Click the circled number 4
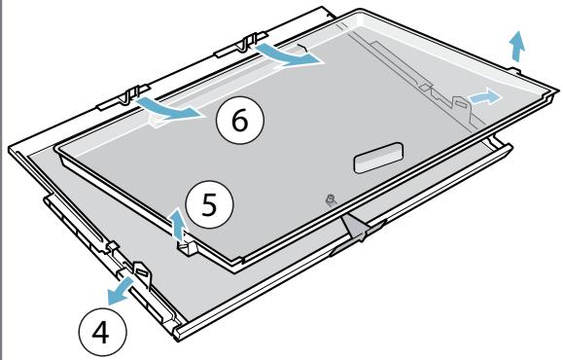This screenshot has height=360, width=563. coord(102,332)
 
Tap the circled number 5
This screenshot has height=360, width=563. coord(209,204)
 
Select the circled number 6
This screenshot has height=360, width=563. coord(240,120)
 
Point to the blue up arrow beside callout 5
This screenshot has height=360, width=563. coord(178,225)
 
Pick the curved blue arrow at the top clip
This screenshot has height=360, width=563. coord(287,54)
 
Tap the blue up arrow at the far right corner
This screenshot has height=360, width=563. coord(517,46)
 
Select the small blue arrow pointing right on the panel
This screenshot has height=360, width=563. coord(484,97)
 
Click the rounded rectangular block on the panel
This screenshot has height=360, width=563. coord(379,158)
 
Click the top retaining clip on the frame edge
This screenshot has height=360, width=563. coord(242,45)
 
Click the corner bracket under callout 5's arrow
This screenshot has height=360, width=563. coord(187,247)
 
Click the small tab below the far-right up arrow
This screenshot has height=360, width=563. coord(514,69)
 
